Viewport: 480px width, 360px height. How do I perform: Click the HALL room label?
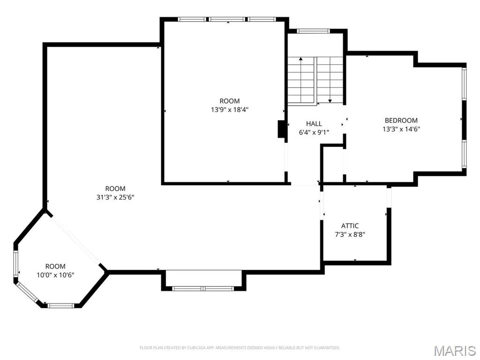point(314,124)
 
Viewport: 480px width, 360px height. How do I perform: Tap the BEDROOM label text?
point(401,120)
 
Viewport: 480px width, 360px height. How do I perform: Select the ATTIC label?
point(350,226)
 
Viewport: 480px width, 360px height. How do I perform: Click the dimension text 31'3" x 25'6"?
point(115,197)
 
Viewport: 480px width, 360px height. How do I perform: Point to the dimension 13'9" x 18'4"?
point(230,110)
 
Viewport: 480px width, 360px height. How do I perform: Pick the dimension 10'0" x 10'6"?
point(55,275)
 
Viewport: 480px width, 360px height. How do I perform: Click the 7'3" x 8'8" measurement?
point(350,235)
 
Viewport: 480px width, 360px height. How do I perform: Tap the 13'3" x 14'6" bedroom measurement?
point(401,129)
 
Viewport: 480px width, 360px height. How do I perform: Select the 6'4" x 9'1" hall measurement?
point(314,133)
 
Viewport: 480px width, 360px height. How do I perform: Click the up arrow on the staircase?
point(301,80)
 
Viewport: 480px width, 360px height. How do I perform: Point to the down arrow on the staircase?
point(330,80)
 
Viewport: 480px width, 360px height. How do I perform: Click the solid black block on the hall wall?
point(281,129)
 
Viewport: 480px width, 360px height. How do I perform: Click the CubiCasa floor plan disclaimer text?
point(240,348)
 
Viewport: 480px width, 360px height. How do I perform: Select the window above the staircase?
point(313,31)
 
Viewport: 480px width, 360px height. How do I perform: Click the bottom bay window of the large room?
point(203,288)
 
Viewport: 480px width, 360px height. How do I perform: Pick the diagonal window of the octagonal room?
point(27,292)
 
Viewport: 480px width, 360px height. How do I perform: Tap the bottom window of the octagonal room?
point(61,306)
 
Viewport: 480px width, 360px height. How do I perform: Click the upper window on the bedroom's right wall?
point(464,83)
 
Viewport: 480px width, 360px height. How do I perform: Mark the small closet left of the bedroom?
point(332,164)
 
